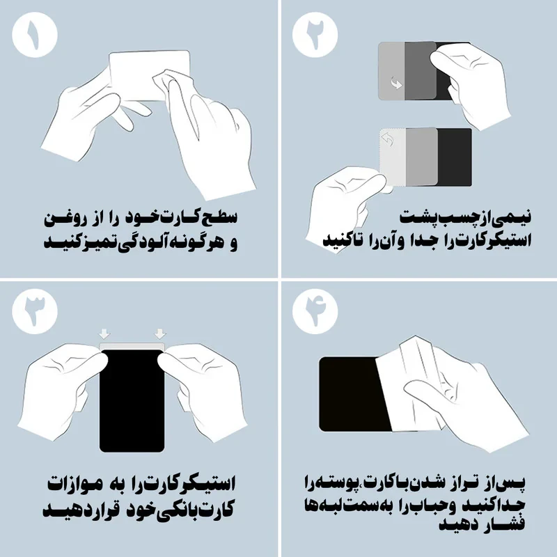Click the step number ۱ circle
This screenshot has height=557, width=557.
pyautogui.click(x=34, y=34)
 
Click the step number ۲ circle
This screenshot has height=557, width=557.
pyautogui.click(x=315, y=34)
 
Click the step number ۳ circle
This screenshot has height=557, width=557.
pyautogui.click(x=34, y=311)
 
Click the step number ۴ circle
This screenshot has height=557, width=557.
pyautogui.click(x=315, y=311)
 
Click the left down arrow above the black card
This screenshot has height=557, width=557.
pyautogui.click(x=104, y=334)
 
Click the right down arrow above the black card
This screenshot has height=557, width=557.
pyautogui.click(x=160, y=334)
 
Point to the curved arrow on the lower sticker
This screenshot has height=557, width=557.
pyautogui.click(x=387, y=139)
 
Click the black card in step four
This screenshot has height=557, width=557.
pyautogui.click(x=352, y=393)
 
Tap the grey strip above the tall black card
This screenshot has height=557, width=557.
pyautogui.click(x=132, y=346)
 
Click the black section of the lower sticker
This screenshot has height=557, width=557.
pyautogui.click(x=455, y=157)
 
